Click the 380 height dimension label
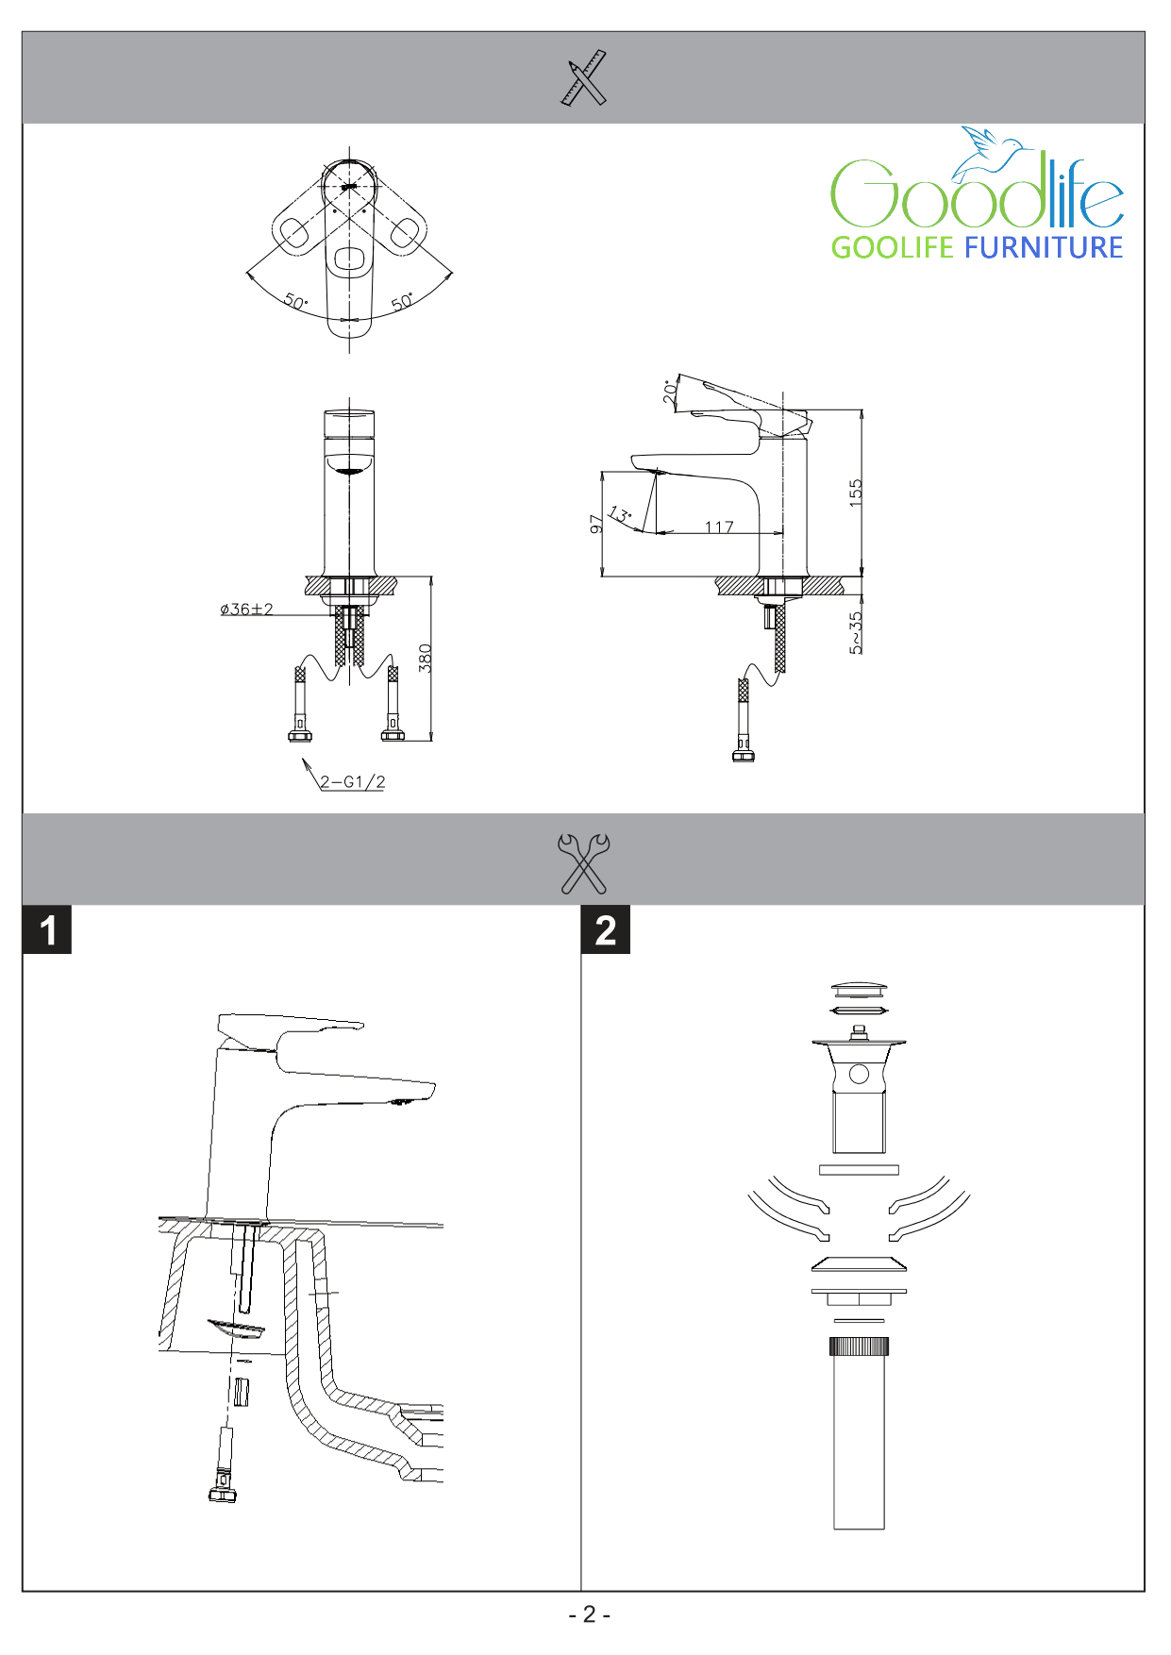(x=426, y=658)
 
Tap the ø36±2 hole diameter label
(x=246, y=610)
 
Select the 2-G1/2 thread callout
(x=352, y=782)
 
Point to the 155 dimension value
(x=856, y=493)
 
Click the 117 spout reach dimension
(x=719, y=527)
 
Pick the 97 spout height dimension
(x=596, y=524)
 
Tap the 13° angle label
(x=620, y=515)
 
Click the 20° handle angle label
(x=670, y=392)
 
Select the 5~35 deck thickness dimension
(x=856, y=632)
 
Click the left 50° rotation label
(x=295, y=302)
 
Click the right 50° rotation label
(x=403, y=302)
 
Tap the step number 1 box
(x=47, y=930)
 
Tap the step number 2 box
(x=606, y=930)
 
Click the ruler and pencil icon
(x=584, y=77)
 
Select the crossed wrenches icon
(x=584, y=862)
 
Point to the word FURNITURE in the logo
(x=1043, y=248)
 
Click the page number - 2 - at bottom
(x=589, y=1614)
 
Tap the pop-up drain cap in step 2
(x=859, y=990)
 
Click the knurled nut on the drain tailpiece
(x=859, y=1346)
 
